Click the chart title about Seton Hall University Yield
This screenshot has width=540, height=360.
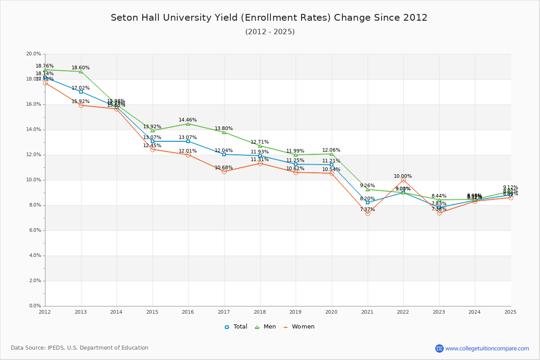click(269, 18)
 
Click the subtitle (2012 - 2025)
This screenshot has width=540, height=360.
click(270, 32)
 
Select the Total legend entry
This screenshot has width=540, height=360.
click(236, 327)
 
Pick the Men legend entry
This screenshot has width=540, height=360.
click(265, 327)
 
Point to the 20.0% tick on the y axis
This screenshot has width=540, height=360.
click(34, 54)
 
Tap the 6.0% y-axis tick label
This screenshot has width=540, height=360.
click(35, 230)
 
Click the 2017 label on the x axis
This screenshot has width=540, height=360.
click(224, 311)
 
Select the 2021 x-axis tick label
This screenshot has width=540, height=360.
click(367, 311)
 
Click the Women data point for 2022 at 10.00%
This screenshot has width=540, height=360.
click(403, 180)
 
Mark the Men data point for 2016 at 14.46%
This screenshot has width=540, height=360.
click(188, 124)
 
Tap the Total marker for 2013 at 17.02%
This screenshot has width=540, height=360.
click(81, 92)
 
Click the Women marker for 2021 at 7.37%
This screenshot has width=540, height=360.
click(368, 213)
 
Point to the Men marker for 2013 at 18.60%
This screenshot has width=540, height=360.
click(81, 72)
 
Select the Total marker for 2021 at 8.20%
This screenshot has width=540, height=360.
click(368, 202)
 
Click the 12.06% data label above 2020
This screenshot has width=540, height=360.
click(331, 150)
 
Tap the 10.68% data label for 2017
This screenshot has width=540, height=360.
click(224, 168)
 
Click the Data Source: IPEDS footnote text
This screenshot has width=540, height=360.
click(80, 348)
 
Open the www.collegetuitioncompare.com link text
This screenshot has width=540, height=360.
click(487, 348)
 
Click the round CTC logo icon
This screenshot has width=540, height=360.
click(439, 348)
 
